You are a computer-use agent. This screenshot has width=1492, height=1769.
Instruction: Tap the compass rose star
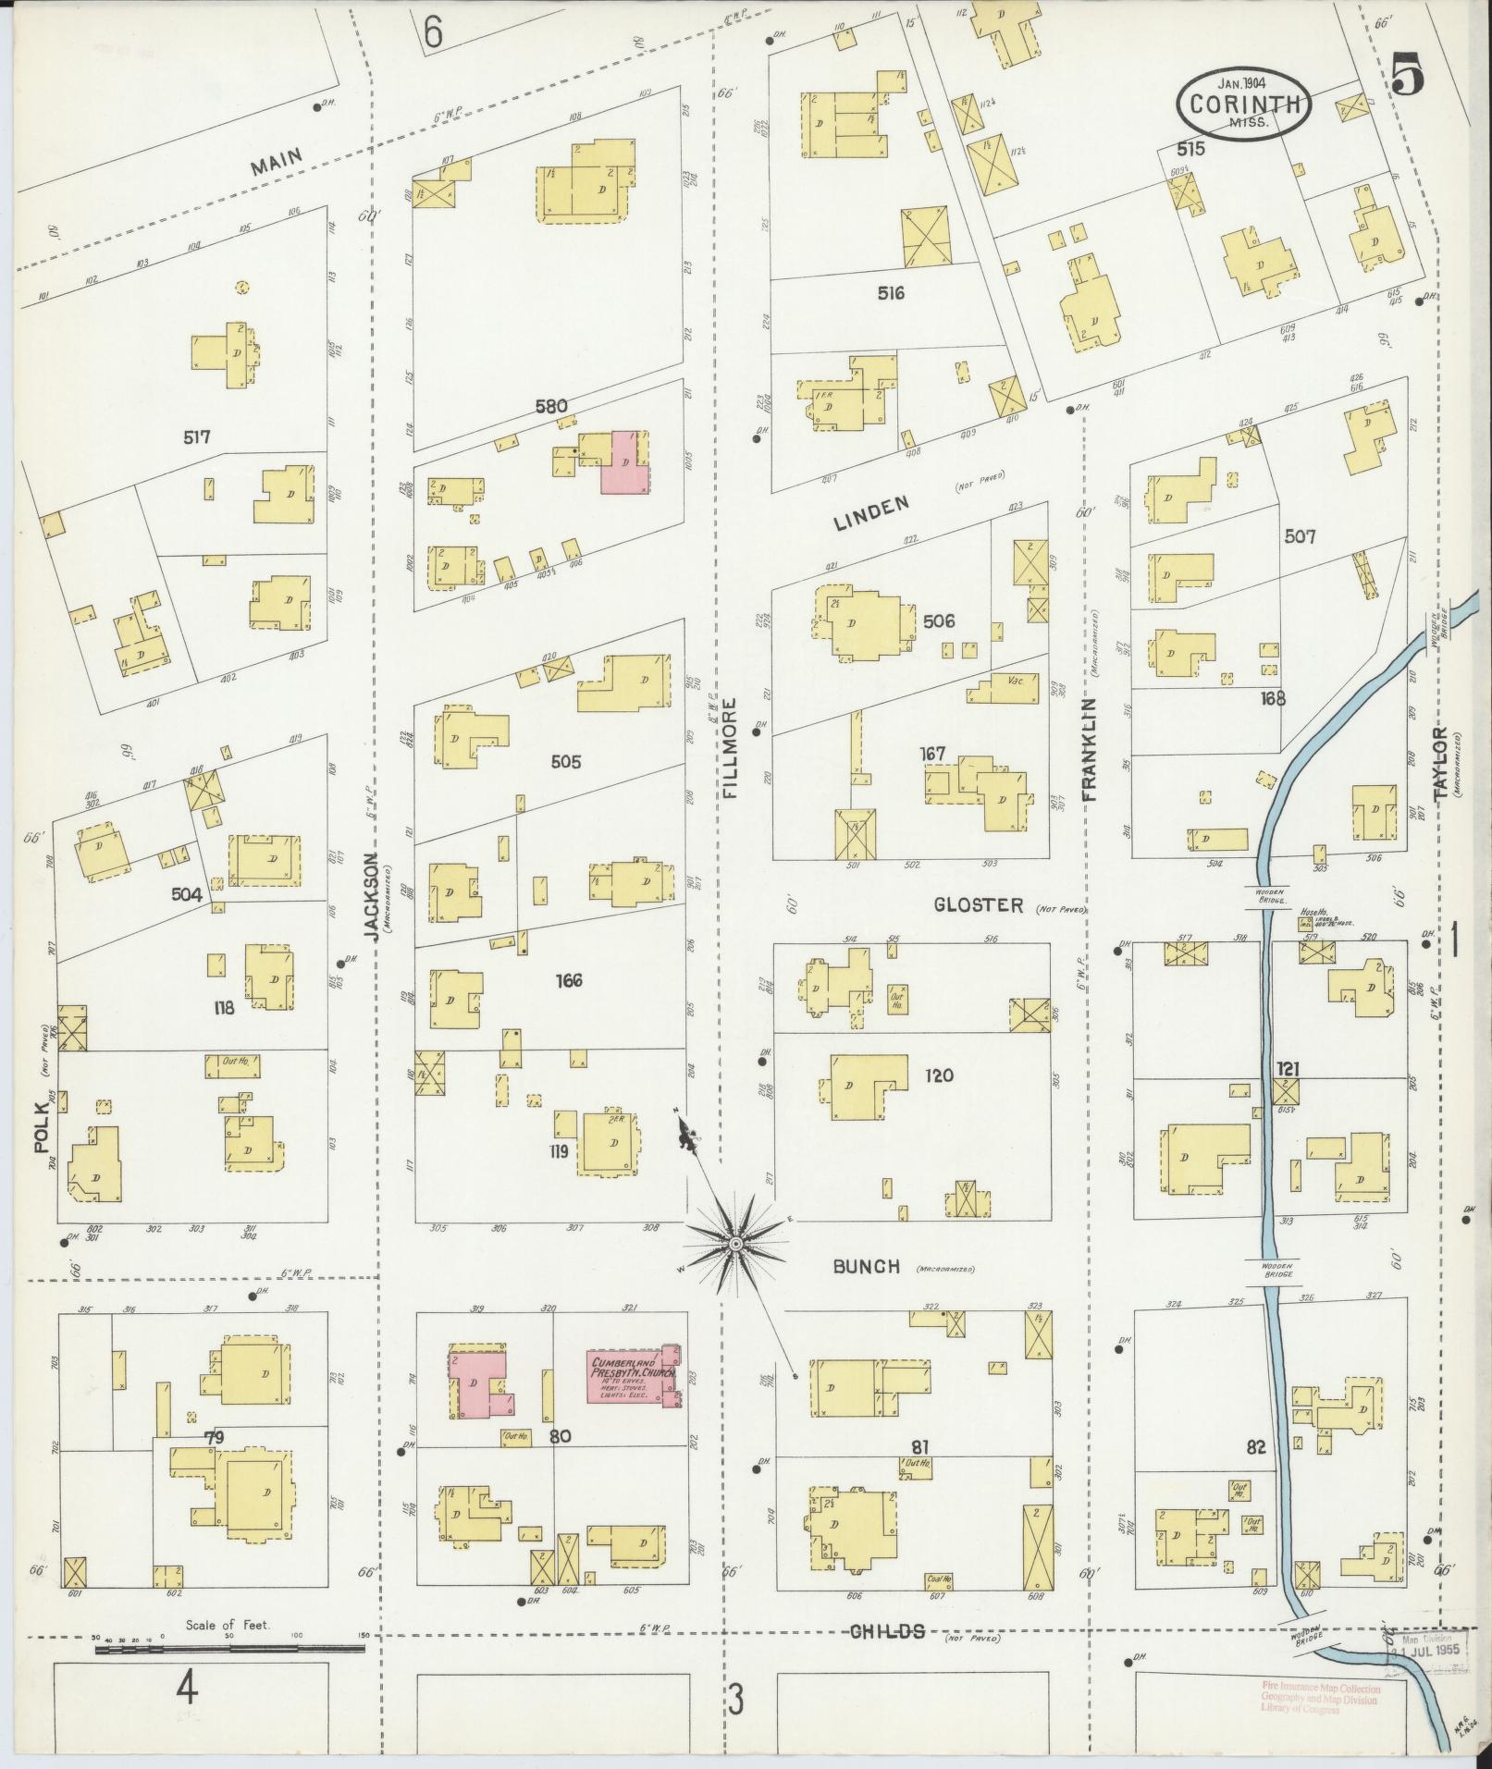(x=735, y=1244)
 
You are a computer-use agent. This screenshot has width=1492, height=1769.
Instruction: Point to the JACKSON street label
(x=372, y=897)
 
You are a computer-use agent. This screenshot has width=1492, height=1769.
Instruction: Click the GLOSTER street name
(x=978, y=904)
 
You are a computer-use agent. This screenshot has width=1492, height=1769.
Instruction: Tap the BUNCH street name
(x=866, y=1267)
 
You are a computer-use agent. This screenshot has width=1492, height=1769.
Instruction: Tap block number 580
(x=550, y=405)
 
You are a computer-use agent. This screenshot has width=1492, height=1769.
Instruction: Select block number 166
(x=569, y=980)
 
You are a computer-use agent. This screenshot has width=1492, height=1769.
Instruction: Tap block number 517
(x=196, y=436)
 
